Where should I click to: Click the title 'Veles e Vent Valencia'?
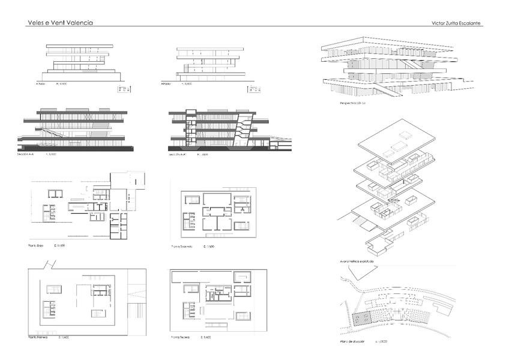coord(60,23)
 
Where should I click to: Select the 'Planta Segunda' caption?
coord(184,247)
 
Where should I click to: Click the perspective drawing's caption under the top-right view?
coord(352,103)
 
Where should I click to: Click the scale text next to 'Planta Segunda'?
coord(209,247)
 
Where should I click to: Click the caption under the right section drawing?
coord(181,155)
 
